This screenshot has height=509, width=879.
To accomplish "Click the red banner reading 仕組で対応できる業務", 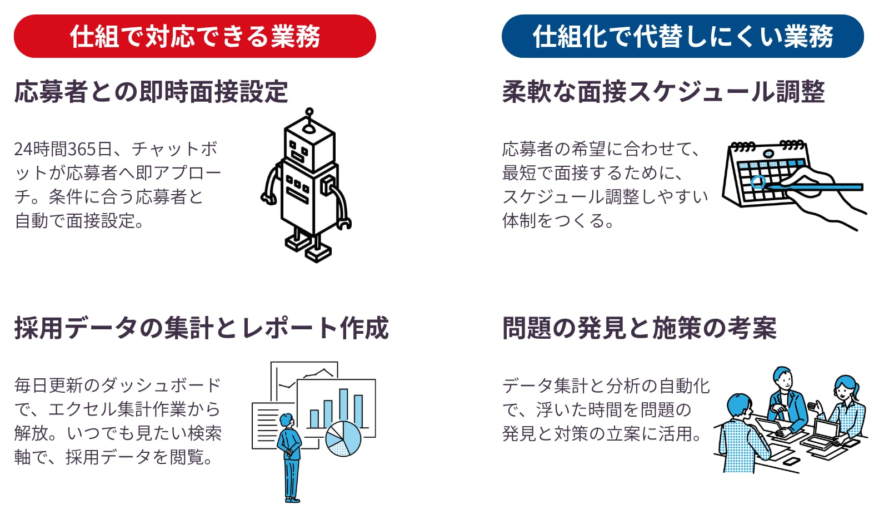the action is pyautogui.click(x=195, y=36).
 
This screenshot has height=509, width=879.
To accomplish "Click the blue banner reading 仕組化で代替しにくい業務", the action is pyautogui.click(x=683, y=36).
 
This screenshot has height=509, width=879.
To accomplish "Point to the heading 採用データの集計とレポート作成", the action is pyautogui.click(x=202, y=328).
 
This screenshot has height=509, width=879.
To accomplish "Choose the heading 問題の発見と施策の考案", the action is pyautogui.click(x=640, y=328).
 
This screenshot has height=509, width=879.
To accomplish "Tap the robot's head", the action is pyautogui.click(x=309, y=147).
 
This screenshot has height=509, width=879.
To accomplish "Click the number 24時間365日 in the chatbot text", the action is pyautogui.click(x=63, y=149).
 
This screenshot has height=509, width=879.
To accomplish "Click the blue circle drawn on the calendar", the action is pyautogui.click(x=758, y=181).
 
